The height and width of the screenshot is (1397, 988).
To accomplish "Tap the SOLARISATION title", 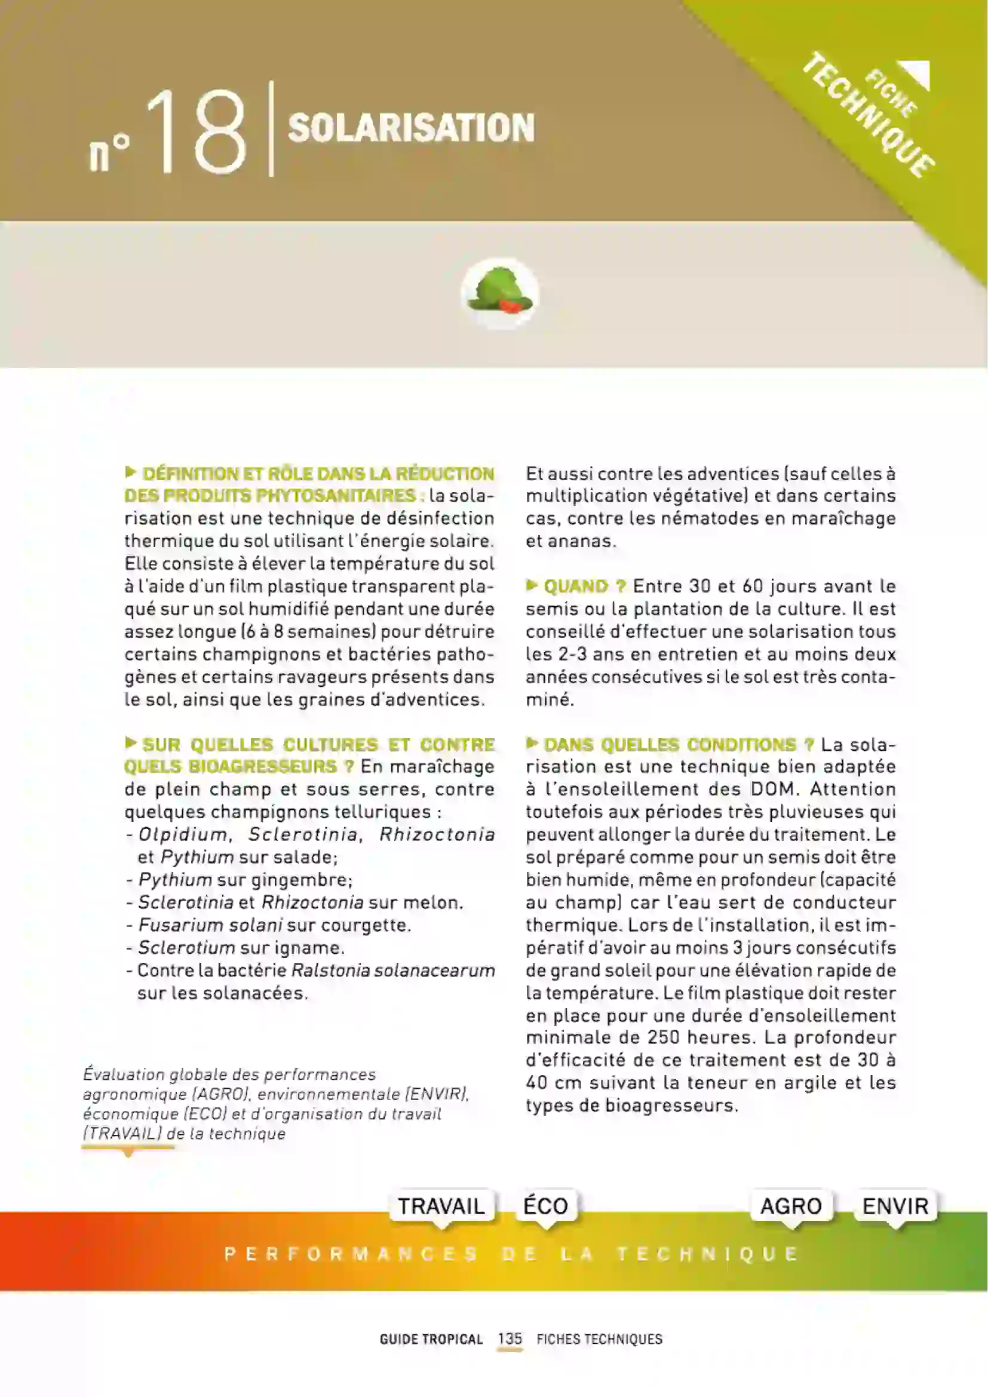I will [411, 128].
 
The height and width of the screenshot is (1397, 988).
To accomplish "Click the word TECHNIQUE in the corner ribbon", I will [868, 116].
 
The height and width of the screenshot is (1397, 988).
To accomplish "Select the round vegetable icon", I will [499, 293].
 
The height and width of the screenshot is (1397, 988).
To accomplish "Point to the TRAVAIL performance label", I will [441, 1205].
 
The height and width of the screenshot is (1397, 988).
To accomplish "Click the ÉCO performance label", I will [546, 1205].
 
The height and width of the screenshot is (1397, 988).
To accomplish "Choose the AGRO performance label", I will [791, 1205].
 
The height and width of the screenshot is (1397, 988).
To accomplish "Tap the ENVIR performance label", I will [895, 1205].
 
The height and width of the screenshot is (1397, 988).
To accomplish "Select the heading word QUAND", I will [575, 587].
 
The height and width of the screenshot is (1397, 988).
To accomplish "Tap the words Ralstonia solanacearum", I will [393, 970].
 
